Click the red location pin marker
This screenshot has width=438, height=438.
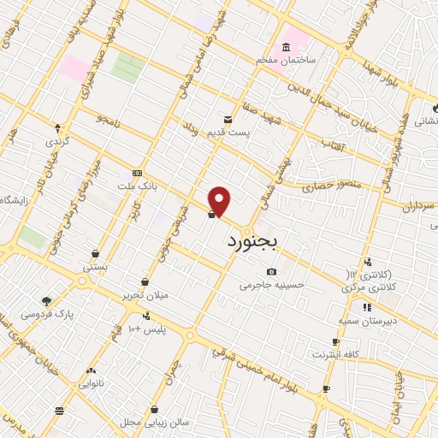tap(220, 201)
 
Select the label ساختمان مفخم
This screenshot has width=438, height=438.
tap(289, 61)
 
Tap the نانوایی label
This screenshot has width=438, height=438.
tap(92, 384)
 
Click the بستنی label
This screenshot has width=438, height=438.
tap(95, 268)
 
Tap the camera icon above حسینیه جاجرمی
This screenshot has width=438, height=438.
tap(271, 271)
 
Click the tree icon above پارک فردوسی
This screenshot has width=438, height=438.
tap(46, 300)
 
